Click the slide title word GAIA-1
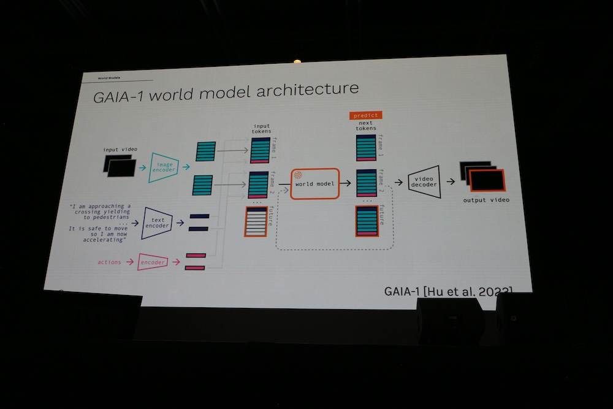[119, 96]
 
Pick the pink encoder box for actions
[153, 262]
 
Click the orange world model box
[315, 183]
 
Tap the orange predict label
[365, 115]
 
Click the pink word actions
[109, 262]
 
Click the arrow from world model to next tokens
[346, 183]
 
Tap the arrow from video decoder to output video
[451, 181]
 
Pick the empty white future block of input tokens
[256, 221]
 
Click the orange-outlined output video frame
[487, 180]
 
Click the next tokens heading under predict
[366, 126]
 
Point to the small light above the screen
[297, 61]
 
